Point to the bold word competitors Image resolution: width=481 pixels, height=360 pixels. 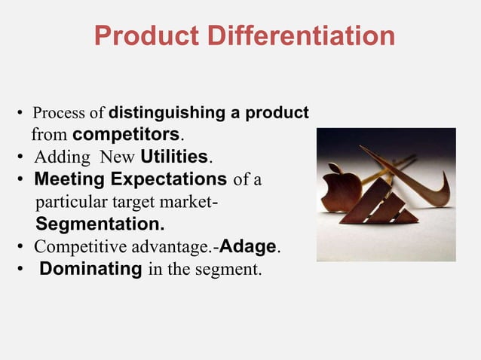(127, 136)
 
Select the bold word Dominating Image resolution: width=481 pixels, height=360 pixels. (90, 269)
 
